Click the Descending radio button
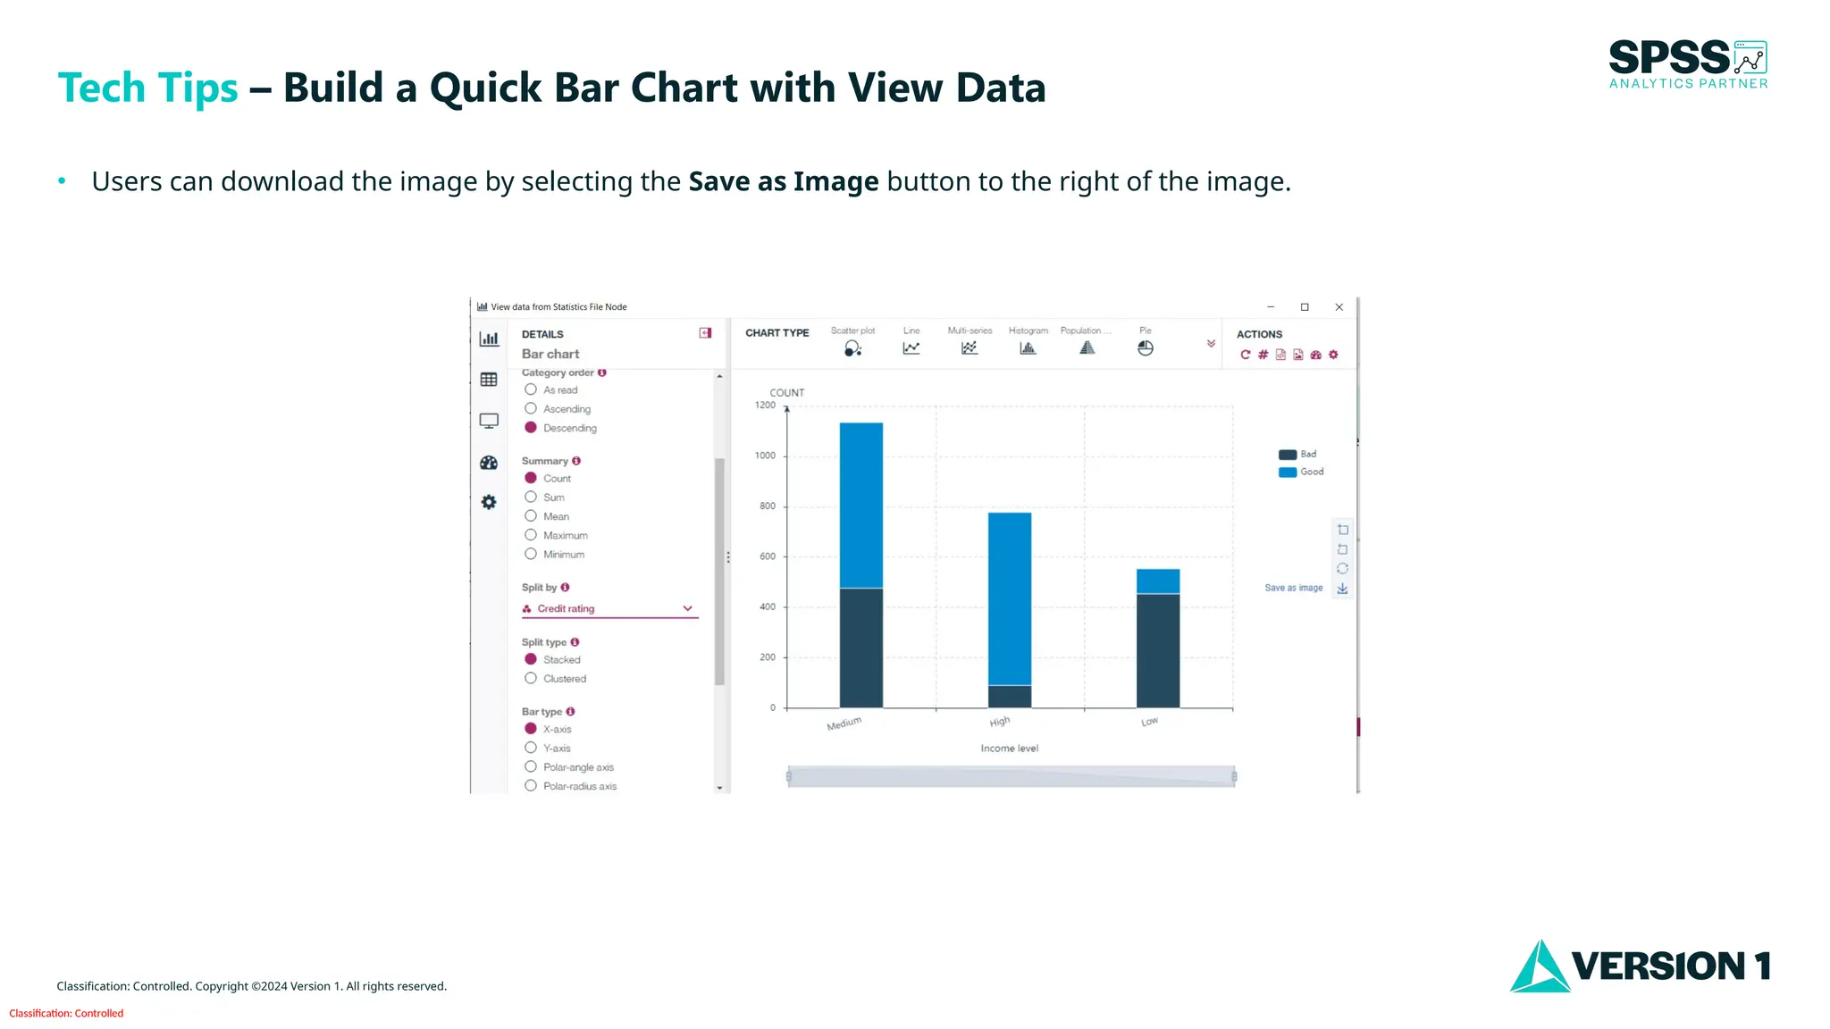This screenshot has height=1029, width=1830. (x=531, y=428)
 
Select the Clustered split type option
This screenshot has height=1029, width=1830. (x=531, y=679)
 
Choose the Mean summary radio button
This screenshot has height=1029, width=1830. (x=531, y=516)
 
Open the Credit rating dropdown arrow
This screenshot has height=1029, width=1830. (x=687, y=608)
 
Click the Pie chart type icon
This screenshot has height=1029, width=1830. (x=1146, y=348)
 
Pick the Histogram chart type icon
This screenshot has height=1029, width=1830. (x=1028, y=348)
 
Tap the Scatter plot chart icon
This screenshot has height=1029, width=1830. (x=852, y=348)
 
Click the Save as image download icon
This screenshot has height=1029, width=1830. (x=1342, y=589)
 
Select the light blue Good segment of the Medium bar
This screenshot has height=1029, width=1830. (x=861, y=505)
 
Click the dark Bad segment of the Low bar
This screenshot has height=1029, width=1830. (x=1158, y=650)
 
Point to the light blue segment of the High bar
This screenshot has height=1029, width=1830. (x=1010, y=598)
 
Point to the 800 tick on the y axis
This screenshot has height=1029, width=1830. (x=768, y=506)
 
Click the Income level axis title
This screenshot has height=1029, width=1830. (x=1009, y=749)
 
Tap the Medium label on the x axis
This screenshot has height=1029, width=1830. (x=844, y=724)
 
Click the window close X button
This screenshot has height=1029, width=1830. (x=1339, y=307)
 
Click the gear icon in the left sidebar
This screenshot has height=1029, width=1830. (x=489, y=502)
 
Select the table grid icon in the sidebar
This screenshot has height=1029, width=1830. (x=489, y=380)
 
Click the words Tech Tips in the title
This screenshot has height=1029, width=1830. (x=147, y=88)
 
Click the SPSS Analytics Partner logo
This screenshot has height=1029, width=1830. (x=1688, y=64)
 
